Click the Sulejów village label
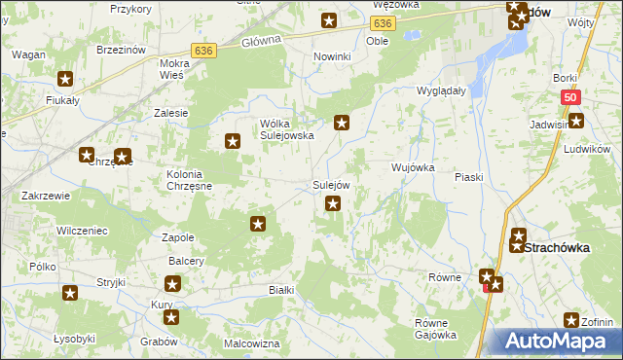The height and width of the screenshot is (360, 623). (331, 185)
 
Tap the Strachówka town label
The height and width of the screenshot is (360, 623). (557, 248)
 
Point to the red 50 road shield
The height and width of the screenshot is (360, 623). (571, 97)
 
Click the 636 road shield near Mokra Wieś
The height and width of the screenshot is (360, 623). (202, 50)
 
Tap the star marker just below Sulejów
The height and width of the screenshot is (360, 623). (333, 203)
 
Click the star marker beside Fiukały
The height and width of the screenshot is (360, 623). (65, 80)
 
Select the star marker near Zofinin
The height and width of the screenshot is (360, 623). (572, 320)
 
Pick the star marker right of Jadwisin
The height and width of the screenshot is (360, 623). (576, 121)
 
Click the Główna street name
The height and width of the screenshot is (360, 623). (260, 40)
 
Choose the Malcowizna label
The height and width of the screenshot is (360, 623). (251, 343)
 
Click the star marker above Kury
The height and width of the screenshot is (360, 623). (172, 284)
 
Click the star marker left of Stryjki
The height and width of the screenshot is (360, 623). (69, 293)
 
